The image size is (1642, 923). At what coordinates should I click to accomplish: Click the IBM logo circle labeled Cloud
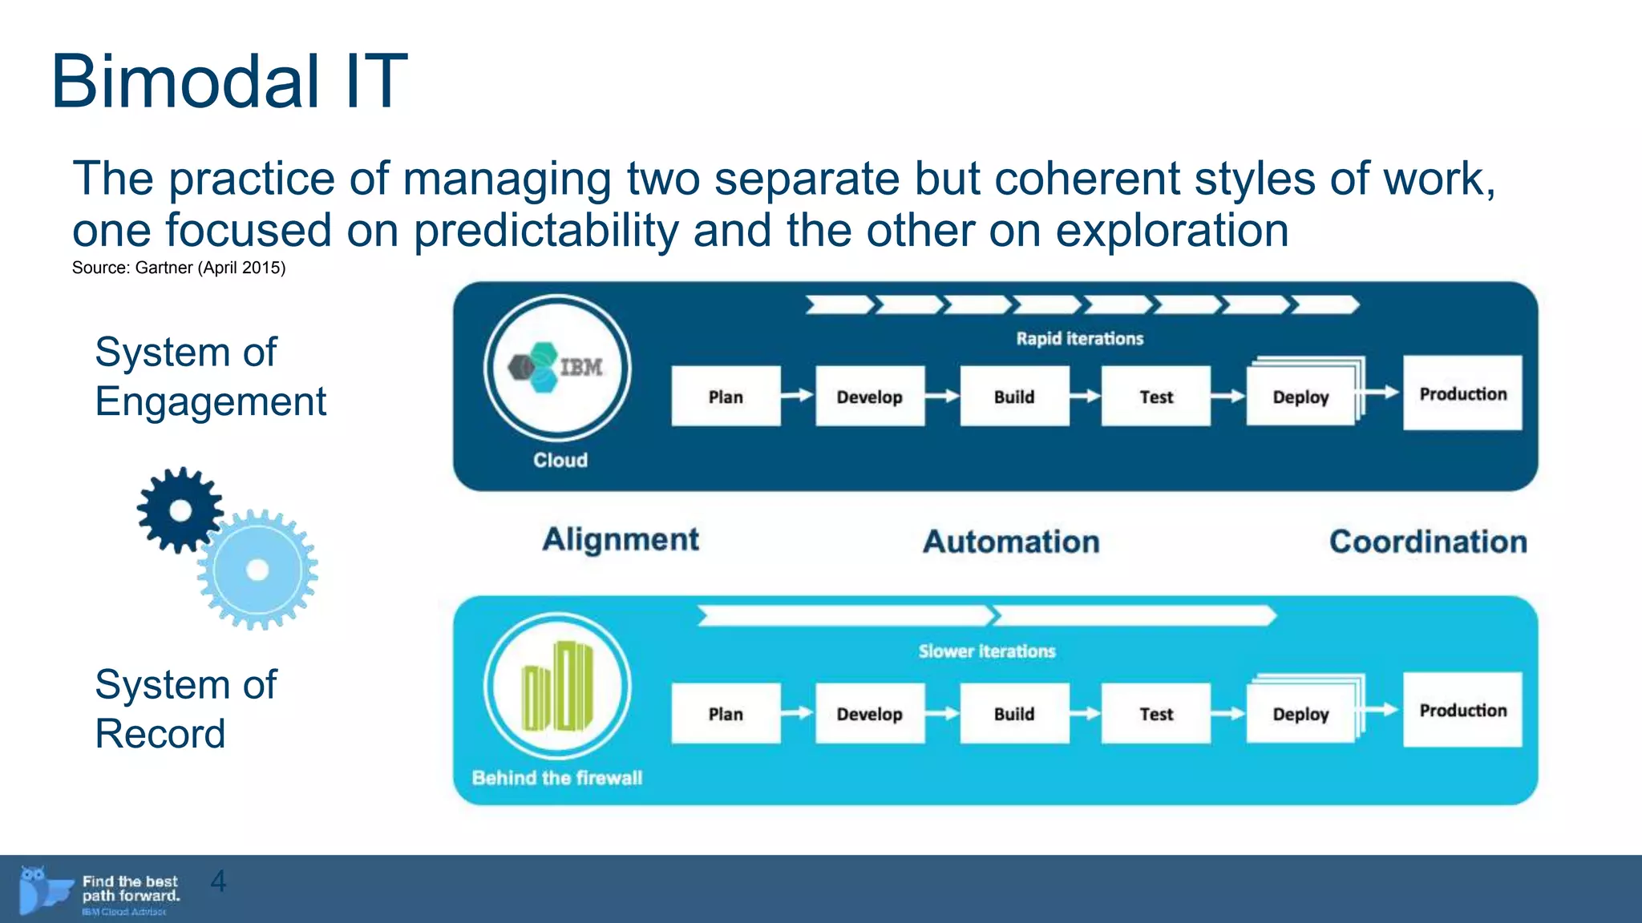coord(557,368)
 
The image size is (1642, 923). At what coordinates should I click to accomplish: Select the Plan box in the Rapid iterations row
coord(726,396)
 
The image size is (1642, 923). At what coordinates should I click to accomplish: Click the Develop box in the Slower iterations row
coord(870,713)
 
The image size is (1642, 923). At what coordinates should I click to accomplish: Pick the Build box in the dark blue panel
coord(1014,396)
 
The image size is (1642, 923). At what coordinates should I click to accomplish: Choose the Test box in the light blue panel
coord(1155,713)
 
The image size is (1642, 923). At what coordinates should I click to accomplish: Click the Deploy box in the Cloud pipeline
coord(1300,396)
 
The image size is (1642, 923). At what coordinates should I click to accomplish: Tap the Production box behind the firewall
coord(1462,710)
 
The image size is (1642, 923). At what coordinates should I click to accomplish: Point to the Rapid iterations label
coord(1079,338)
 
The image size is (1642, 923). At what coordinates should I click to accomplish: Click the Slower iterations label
coord(986,651)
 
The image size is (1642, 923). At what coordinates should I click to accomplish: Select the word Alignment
coord(621,539)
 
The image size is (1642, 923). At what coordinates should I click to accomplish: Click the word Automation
coord(1011,542)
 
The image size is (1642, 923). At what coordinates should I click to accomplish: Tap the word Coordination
coord(1428,542)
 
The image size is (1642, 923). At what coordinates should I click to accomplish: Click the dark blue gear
coord(180,510)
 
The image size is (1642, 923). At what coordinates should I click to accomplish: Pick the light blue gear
coord(257,570)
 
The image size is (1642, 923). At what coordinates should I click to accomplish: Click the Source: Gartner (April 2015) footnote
coord(179,268)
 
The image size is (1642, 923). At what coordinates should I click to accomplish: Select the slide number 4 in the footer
coord(218,881)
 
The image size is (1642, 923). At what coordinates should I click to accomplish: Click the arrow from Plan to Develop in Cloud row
coord(797,395)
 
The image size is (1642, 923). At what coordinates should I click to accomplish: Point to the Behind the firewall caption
coord(557,777)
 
